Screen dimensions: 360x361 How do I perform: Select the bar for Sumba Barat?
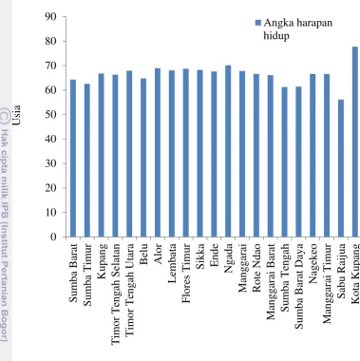pyautogui.click(x=73, y=158)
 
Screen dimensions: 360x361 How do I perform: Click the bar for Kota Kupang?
pyautogui.click(x=355, y=142)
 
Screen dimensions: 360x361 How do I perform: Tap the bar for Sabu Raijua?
pyautogui.click(x=341, y=168)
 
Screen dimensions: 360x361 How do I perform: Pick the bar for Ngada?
pyautogui.click(x=228, y=151)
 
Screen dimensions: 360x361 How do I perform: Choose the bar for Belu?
pyautogui.click(x=143, y=158)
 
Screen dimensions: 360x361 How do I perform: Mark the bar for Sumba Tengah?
pyautogui.click(x=285, y=161)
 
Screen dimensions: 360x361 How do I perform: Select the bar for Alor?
pyautogui.click(x=158, y=152)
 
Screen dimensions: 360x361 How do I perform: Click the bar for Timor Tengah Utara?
pyautogui.click(x=129, y=154)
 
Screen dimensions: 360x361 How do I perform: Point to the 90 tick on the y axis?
pyautogui.click(x=65, y=16)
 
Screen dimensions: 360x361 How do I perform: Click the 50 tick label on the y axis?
pyautogui.click(x=50, y=114)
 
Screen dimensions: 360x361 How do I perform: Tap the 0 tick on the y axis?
pyautogui.click(x=65, y=237)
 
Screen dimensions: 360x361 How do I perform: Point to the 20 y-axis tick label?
pyautogui.click(x=50, y=188)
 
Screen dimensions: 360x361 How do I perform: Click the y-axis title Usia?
pyautogui.click(x=16, y=115)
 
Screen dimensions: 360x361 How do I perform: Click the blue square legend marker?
pyautogui.click(x=258, y=23)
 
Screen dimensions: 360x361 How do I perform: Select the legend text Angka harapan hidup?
pyautogui.click(x=298, y=29)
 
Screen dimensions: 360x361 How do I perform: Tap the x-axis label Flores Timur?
pyautogui.click(x=186, y=274)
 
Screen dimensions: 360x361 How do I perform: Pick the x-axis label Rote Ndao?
pyautogui.click(x=256, y=268)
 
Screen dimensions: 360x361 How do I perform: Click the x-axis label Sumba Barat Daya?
pyautogui.click(x=299, y=286)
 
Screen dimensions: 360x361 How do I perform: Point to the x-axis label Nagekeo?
pyautogui.click(x=313, y=263)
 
